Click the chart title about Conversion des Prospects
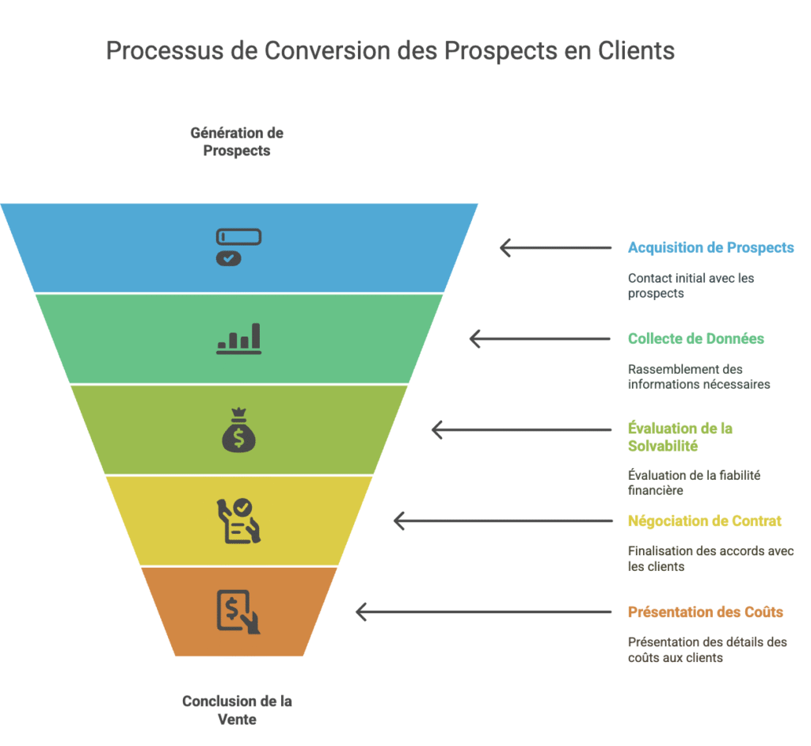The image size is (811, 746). pos(390,51)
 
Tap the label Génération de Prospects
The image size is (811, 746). pos(237,142)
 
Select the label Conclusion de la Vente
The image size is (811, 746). pos(237,710)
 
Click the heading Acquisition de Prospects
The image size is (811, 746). pos(710,248)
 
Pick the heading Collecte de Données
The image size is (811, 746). pos(695,339)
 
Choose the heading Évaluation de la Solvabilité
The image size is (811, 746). pos(680,437)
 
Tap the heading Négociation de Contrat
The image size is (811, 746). pos(704,521)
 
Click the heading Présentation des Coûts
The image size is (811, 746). pos(705,612)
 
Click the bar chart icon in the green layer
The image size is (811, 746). pos(238,339)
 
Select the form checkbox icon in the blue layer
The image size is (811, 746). pos(238,247)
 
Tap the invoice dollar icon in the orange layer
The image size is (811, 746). pos(238,611)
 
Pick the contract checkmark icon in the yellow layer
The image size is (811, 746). pos(238,520)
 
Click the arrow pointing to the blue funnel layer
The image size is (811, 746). pos(555,248)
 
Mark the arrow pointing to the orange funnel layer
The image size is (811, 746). pos(483,612)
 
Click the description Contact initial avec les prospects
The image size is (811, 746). pos(691,286)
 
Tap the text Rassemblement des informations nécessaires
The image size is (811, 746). pos(699,377)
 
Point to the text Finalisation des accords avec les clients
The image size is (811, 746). pos(710,559)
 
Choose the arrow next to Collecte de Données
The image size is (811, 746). pos(539,339)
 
